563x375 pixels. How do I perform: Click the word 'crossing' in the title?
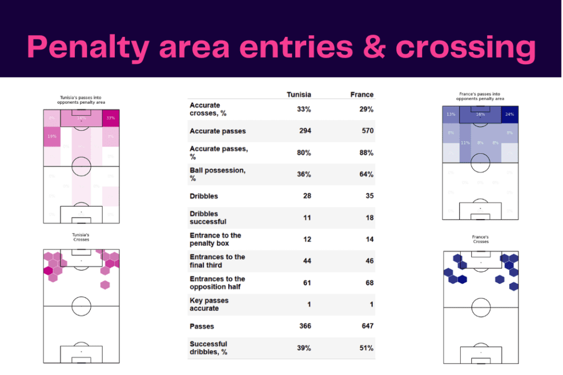point(466,48)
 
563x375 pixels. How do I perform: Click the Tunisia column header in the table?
point(299,94)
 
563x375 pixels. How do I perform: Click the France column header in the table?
point(361,94)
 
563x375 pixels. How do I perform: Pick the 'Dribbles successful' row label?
point(208,217)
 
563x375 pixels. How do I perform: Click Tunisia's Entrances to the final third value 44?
point(306,261)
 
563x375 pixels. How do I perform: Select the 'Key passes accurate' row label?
point(209,304)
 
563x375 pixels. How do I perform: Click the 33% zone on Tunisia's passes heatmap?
point(111,118)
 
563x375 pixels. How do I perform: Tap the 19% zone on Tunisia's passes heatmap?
point(52,136)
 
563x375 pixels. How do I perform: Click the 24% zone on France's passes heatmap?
point(510,115)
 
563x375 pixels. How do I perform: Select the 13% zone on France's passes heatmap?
point(451,115)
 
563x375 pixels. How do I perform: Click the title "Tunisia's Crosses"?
point(81,237)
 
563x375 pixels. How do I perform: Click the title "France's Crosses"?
point(481,239)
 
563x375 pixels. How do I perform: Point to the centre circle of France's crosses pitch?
point(481,307)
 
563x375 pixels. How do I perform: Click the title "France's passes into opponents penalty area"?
point(481,97)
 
